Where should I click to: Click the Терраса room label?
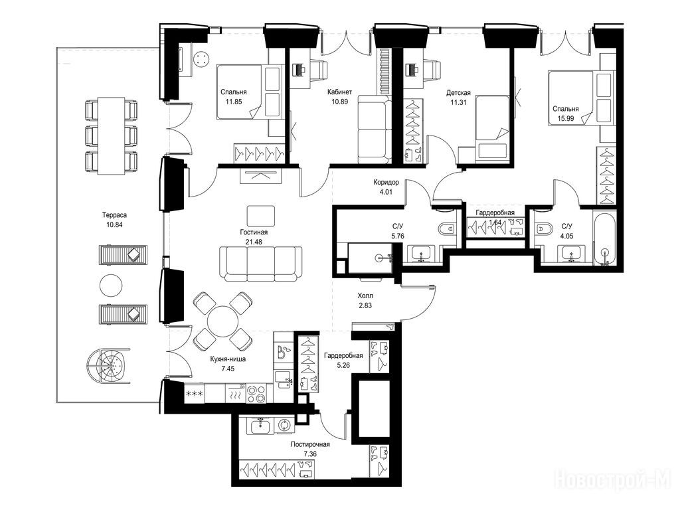114,214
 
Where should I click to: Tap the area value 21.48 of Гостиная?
253,242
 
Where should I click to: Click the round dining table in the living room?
222,321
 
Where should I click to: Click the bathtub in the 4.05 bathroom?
604,238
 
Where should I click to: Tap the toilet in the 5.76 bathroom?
447,228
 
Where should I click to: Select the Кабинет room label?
339,92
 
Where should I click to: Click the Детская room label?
458,92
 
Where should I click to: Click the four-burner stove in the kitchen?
256,394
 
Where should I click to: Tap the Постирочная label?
311,444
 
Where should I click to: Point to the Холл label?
365,296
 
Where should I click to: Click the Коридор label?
386,182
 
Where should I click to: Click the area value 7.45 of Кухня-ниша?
228,369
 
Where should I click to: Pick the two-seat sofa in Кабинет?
375,129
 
